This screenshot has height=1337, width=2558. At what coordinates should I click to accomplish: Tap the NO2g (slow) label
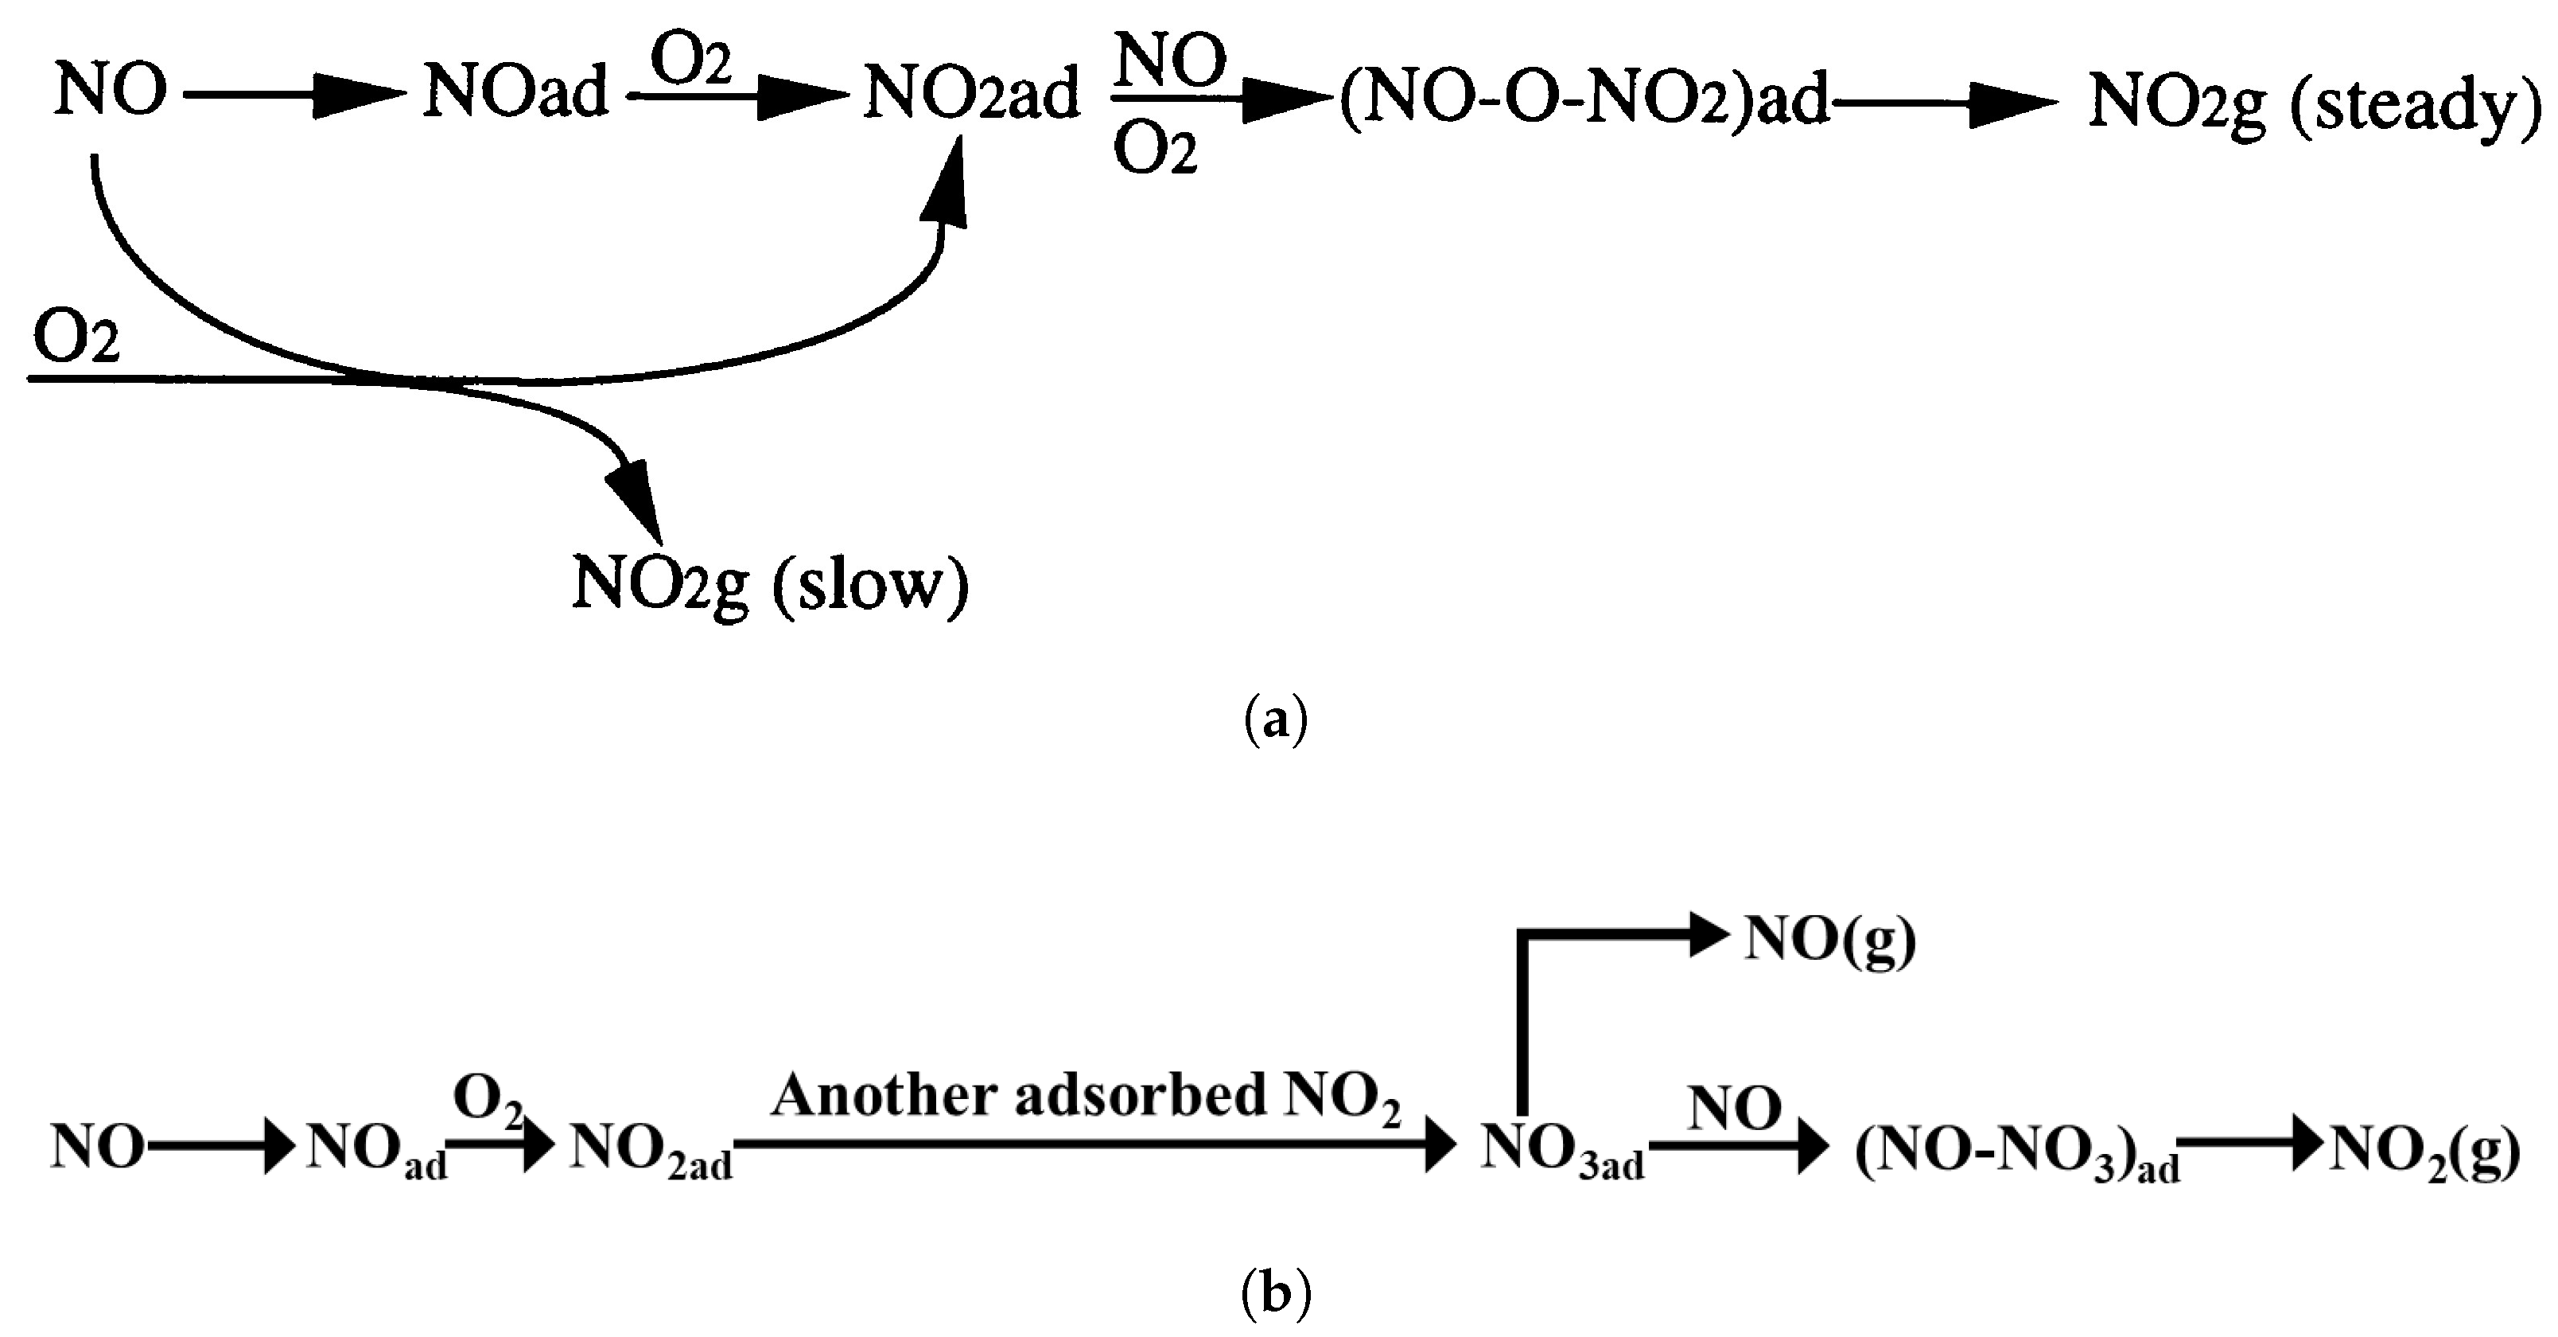point(770,585)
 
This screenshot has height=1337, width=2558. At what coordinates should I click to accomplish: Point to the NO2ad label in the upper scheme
point(972,95)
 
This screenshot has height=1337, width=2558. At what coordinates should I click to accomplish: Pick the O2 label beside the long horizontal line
point(76,339)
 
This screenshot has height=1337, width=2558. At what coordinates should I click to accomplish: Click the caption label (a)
point(1276,719)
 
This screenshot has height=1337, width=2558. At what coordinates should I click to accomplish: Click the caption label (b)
point(1276,1292)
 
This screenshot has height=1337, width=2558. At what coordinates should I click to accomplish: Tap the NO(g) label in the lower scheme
point(1830,938)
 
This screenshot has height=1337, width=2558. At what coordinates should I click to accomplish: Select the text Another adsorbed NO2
point(1086,1097)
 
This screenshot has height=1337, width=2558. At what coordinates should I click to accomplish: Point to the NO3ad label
point(1561,1150)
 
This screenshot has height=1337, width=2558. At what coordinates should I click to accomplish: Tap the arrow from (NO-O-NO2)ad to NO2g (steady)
point(1946,100)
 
